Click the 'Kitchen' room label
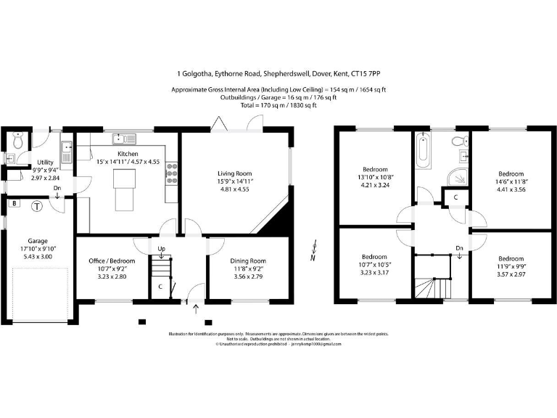[128, 154]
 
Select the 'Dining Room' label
[248, 261]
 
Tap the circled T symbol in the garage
[37, 206]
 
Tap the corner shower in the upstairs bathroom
[457, 177]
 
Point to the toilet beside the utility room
[19, 139]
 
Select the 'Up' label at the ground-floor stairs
[162, 249]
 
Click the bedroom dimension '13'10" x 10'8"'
[376, 177]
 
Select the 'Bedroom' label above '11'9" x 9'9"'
[511, 258]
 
